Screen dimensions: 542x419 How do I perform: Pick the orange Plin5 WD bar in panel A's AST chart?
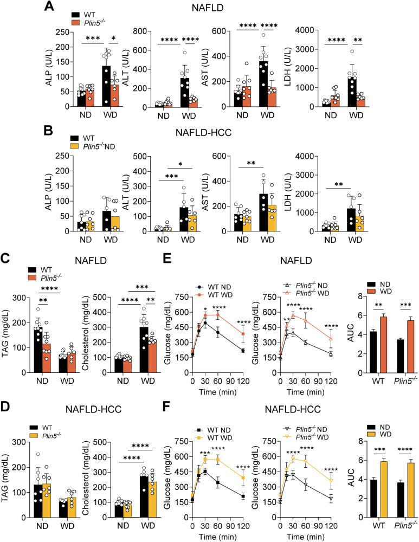270,96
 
